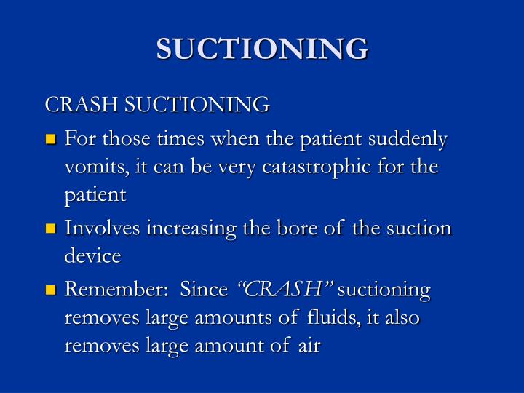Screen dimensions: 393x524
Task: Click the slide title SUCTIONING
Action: coord(262,49)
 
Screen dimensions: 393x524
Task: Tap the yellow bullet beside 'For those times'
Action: coord(51,139)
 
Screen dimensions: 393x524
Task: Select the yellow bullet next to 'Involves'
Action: coord(51,229)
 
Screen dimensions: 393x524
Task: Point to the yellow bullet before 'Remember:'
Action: coord(51,290)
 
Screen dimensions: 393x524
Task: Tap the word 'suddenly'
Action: coord(408,139)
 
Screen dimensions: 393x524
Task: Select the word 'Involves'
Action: coord(102,229)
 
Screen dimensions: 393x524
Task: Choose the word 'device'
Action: coord(92,256)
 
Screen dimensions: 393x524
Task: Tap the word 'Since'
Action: coord(204,290)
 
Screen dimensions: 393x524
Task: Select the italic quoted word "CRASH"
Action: coord(285,290)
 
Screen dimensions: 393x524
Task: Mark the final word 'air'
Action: coord(308,346)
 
